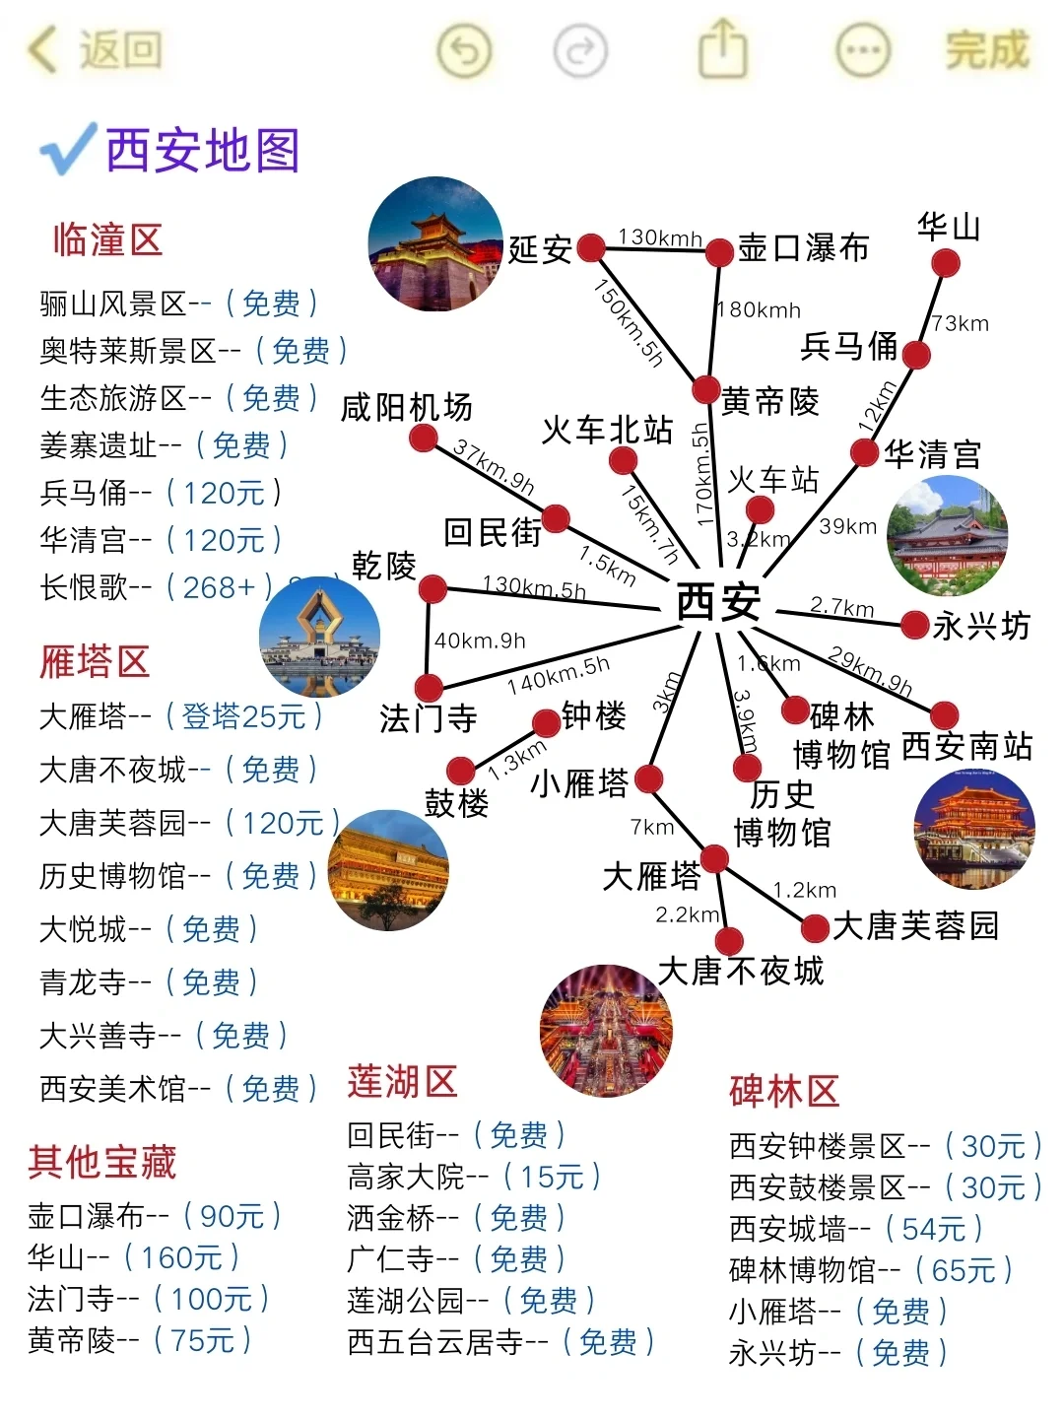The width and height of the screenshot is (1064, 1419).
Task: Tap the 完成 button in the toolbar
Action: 986,50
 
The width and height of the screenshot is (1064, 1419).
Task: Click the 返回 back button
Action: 97,50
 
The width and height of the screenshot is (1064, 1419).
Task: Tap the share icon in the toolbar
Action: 722,49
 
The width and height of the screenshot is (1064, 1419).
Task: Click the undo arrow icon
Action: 464,50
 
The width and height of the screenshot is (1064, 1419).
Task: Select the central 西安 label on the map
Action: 718,601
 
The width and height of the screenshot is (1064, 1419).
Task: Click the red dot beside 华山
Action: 945,263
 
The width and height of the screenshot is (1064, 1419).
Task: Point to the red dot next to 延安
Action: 591,247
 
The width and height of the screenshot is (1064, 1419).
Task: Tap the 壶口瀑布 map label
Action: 803,248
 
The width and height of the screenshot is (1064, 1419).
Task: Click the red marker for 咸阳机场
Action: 424,439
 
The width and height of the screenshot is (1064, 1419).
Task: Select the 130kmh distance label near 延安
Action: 659,237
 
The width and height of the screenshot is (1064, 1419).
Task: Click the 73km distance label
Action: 960,323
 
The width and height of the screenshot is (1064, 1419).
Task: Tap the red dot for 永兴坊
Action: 915,624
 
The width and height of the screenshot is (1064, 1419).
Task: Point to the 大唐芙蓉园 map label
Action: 915,926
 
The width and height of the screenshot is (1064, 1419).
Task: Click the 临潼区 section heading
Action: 107,239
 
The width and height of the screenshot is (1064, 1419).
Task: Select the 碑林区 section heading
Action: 784,1092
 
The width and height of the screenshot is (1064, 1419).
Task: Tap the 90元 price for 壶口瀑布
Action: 233,1216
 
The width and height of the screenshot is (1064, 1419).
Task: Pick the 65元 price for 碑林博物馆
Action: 964,1270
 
